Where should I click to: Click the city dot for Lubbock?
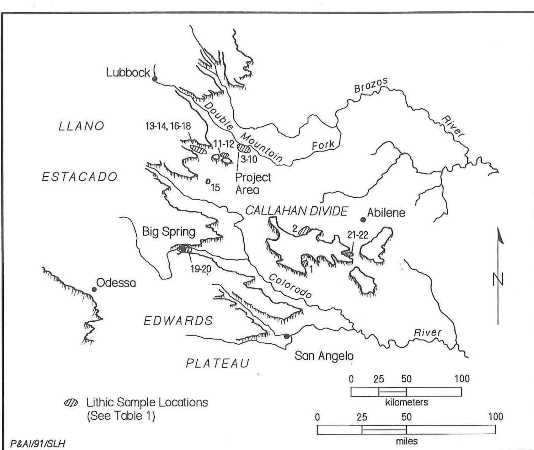pos(154,79)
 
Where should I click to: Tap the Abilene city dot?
pos(363,220)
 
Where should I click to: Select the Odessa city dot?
pos(94,289)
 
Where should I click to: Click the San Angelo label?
pos(324,356)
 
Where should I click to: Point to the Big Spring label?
pos(168,232)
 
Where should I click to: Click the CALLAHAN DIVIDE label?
pos(297,211)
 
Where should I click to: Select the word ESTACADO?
pos(80,177)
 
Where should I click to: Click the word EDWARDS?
pos(178,321)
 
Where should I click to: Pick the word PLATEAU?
pos(217,363)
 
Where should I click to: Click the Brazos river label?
pos(371,85)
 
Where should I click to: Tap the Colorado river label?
pos(290,286)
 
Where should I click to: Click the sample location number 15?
pos(215,187)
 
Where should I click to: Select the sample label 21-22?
pos(357,235)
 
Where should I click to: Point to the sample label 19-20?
pos(201,269)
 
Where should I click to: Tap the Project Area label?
pos(253,183)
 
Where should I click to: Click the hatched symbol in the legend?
pos(71,403)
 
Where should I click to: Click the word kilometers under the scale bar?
pos(406,402)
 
